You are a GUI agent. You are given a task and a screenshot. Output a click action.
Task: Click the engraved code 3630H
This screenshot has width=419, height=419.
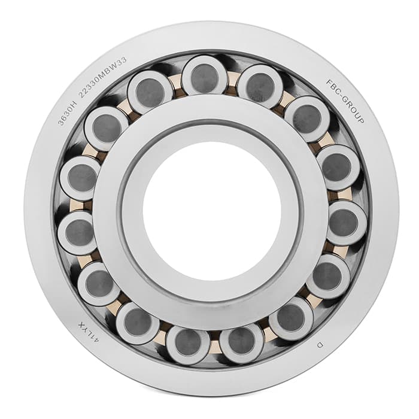coord(67,112)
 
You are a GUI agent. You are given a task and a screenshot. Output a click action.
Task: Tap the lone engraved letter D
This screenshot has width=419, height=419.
coord(320,345)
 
